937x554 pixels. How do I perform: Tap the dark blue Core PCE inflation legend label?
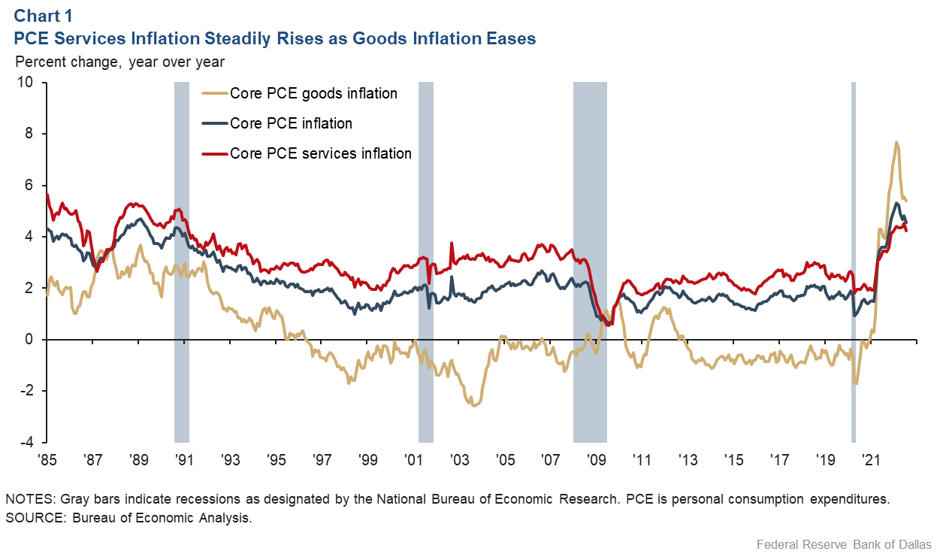tap(291, 123)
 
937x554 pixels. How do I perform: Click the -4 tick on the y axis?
tap(28, 442)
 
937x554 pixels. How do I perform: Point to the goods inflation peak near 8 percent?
tap(896, 142)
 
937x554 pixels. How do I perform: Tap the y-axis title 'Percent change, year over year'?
tap(120, 62)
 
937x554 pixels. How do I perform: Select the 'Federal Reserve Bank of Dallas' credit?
tap(844, 543)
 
